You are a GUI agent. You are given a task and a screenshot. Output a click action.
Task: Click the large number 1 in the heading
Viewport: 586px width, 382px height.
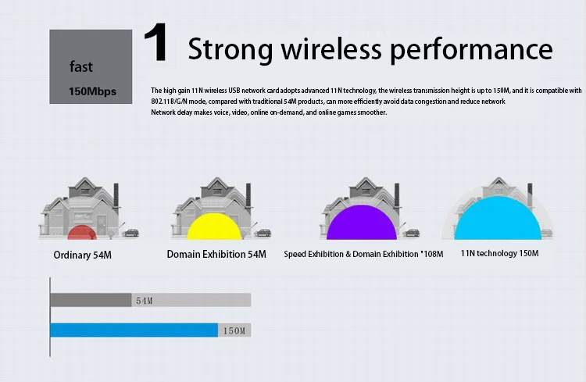[x=155, y=42]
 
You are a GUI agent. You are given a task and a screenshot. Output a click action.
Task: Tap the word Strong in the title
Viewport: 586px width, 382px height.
[x=230, y=50]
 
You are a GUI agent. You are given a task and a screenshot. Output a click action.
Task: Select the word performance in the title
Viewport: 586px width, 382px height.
[x=471, y=50]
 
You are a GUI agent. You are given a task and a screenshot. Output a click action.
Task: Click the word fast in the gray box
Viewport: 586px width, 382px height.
[x=81, y=66]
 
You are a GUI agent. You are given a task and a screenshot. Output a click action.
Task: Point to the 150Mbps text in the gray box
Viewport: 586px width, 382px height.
[x=92, y=91]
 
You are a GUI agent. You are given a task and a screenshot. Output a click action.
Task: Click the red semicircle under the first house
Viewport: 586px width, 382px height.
[x=82, y=232]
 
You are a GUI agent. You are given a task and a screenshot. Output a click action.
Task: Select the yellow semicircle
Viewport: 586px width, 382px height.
[x=214, y=227]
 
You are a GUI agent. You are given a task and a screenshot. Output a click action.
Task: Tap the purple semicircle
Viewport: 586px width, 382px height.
[x=362, y=223]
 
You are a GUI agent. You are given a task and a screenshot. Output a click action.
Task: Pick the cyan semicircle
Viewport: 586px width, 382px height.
[x=498, y=218]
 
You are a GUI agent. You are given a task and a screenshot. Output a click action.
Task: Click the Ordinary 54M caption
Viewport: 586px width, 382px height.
[x=83, y=255]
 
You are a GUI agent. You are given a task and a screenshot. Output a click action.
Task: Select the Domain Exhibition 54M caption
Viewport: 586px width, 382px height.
[x=216, y=254]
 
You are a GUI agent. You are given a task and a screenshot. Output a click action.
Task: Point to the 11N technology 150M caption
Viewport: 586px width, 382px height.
[x=500, y=253]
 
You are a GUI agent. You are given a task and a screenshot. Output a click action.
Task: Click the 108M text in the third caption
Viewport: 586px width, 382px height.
[x=434, y=254]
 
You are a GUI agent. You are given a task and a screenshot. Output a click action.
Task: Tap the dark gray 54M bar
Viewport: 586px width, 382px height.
[x=91, y=300]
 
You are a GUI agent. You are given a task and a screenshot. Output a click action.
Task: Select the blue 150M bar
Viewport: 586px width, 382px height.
[x=134, y=330]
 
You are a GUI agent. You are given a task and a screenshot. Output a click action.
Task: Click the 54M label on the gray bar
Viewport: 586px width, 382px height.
[x=145, y=301]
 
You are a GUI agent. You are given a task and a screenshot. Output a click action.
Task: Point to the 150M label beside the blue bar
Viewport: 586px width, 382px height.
[x=234, y=330]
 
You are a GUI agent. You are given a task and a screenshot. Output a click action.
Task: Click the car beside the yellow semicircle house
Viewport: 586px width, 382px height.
[x=263, y=233]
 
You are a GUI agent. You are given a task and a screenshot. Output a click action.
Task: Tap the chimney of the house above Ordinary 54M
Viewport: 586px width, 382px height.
[x=116, y=195]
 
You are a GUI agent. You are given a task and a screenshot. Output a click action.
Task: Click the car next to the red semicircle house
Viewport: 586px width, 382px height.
[x=131, y=233]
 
